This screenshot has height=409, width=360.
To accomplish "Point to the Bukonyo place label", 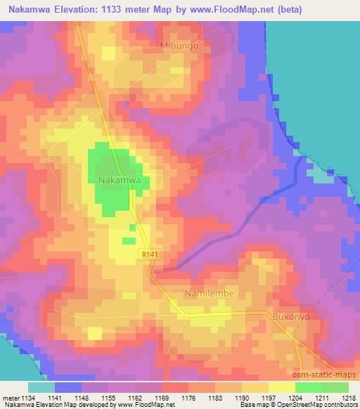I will [x=290, y=317].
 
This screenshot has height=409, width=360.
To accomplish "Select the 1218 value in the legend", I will [x=348, y=398].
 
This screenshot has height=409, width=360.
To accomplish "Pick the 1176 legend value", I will [x=188, y=398].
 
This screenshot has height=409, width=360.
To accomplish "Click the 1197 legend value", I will [x=269, y=398].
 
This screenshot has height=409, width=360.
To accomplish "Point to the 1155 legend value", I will [x=109, y=398].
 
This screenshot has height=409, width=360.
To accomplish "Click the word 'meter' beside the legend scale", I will [x=10, y=398].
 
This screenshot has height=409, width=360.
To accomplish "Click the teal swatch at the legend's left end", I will [x=41, y=387].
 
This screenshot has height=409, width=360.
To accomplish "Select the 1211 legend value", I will [x=322, y=398].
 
